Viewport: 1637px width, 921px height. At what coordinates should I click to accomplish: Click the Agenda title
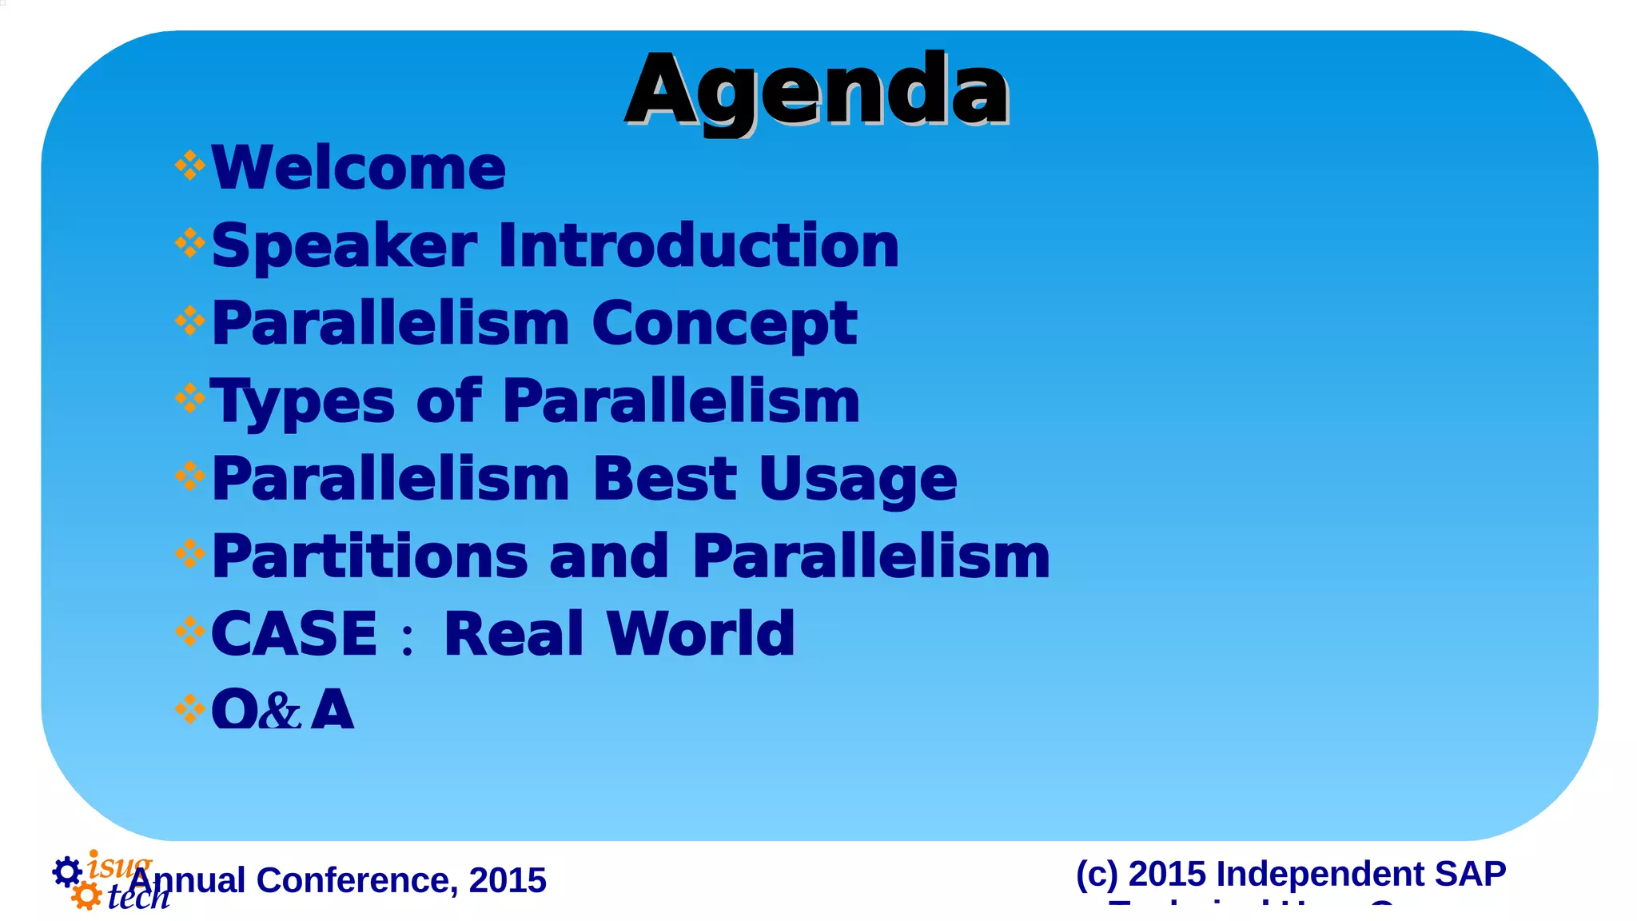point(817,90)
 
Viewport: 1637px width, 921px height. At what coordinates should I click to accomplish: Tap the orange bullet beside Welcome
point(189,166)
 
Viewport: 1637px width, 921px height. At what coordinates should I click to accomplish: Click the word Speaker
point(344,245)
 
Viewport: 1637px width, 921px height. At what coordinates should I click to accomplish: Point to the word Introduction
point(699,245)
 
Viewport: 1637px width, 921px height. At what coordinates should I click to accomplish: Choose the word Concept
point(724,325)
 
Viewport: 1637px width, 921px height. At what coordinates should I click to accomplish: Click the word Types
point(301,401)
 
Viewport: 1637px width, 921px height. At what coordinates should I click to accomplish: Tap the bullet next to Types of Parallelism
point(189,398)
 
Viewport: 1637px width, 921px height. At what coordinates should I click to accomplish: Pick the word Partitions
point(369,556)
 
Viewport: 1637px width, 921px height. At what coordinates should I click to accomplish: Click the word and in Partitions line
point(608,556)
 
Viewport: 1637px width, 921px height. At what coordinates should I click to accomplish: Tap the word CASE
point(293,634)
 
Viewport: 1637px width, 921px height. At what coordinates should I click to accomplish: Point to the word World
point(700,634)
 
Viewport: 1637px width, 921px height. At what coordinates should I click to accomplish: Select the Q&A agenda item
point(281,708)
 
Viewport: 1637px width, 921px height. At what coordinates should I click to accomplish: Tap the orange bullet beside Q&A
point(189,708)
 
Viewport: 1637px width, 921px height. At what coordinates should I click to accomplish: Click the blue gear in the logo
point(67,871)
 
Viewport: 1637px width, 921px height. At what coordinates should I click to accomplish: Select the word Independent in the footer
point(1320,874)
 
